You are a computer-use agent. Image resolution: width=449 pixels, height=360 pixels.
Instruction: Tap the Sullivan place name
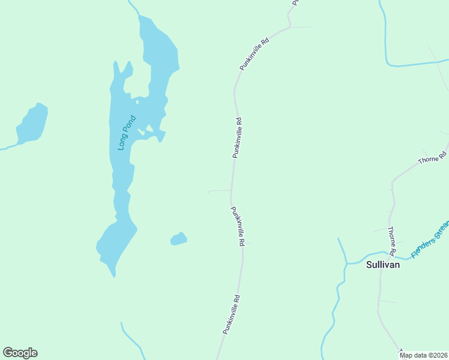383,263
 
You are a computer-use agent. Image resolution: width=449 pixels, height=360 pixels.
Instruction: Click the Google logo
20,353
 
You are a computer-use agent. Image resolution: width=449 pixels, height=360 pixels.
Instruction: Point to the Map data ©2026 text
424,355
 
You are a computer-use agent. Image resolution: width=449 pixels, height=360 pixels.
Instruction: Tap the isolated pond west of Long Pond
32,124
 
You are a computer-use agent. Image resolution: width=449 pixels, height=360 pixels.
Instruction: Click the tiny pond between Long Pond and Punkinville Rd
178,239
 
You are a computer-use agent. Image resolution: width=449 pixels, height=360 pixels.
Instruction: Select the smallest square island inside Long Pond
137,102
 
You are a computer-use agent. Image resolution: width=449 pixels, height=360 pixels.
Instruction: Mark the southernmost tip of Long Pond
113,275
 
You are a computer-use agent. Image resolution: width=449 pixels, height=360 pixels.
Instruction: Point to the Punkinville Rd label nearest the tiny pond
238,226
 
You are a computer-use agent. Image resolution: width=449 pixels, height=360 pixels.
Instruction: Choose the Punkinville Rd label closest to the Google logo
231,314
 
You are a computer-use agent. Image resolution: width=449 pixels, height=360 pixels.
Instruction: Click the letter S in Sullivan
369,263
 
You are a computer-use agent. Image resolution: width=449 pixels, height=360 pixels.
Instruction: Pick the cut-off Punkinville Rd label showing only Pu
295,2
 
